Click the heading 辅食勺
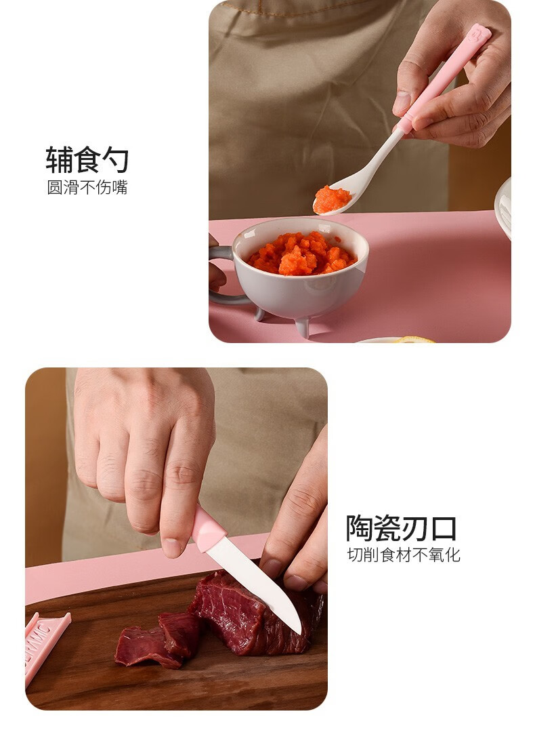coord(87,159)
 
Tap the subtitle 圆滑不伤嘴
coord(87,187)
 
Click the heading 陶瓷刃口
coord(401,528)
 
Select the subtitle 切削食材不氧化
coord(404,555)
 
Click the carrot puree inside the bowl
coord(301,254)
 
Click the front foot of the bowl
coord(302,327)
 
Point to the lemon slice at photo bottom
coord(414,340)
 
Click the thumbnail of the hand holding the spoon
coord(401,102)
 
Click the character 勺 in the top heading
coord(115,159)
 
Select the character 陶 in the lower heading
coord(360,528)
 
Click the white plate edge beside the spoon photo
coord(503,207)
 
